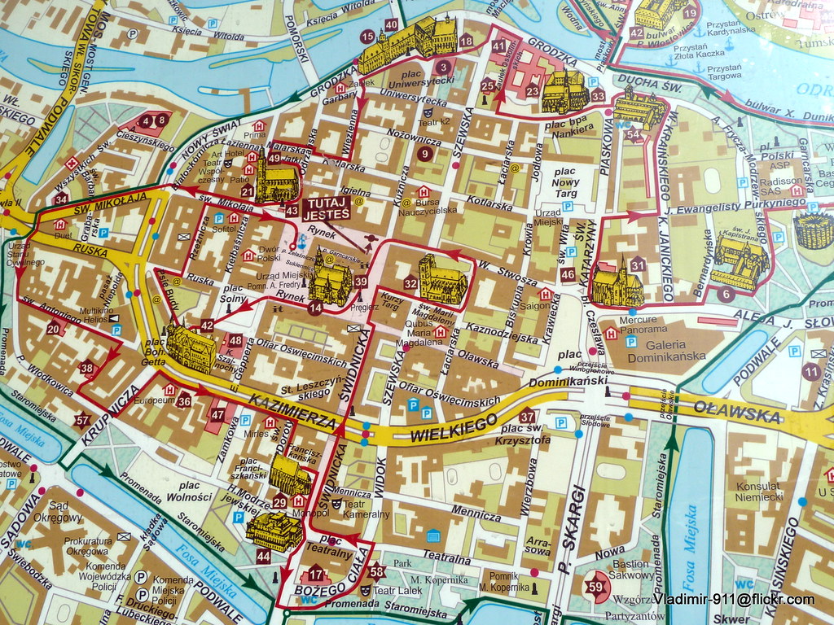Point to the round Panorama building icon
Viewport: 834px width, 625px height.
813,230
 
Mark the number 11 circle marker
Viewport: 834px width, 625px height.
810,372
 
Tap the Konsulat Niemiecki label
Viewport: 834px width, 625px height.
759,491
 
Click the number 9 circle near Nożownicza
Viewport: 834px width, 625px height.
424,153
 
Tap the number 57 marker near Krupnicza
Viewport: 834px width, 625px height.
81,420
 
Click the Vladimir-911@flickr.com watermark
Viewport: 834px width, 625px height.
733,600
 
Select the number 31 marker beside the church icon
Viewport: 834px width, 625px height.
638,265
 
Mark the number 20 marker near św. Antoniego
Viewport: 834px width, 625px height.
54,328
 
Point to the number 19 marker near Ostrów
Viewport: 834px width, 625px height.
690,12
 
